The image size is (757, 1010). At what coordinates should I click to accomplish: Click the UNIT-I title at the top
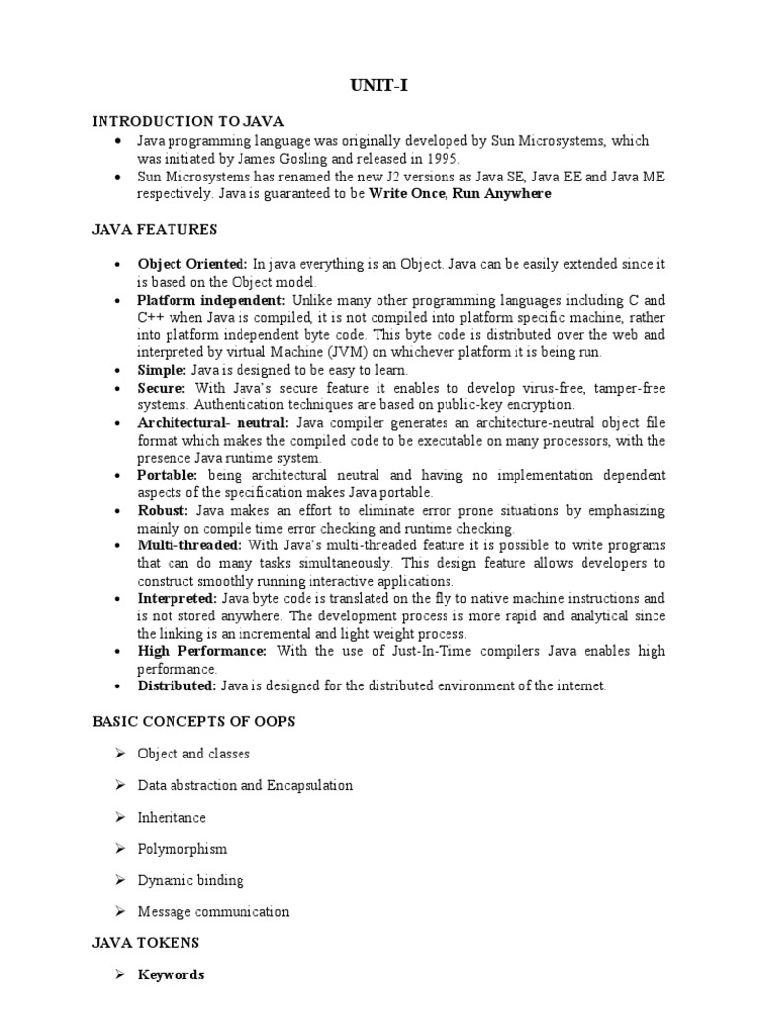tap(379, 87)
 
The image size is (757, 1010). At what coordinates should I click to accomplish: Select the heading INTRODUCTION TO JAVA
tap(187, 121)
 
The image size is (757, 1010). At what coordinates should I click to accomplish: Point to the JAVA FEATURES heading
tap(154, 229)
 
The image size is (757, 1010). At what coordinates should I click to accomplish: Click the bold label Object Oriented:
tap(192, 264)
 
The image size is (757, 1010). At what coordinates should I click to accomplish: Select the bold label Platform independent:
tap(211, 300)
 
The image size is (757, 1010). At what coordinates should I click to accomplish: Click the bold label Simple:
tap(162, 370)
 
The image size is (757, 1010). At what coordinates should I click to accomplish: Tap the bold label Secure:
tap(161, 388)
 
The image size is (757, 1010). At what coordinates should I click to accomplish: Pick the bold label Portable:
tap(168, 475)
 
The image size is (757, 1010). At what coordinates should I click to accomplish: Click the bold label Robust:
tap(163, 511)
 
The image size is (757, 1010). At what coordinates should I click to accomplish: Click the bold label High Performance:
tap(202, 651)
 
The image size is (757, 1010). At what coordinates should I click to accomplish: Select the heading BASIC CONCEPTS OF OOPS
tap(193, 721)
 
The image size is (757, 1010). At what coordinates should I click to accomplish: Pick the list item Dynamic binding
tap(190, 880)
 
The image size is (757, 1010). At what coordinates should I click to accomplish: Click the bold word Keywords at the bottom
tap(171, 974)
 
